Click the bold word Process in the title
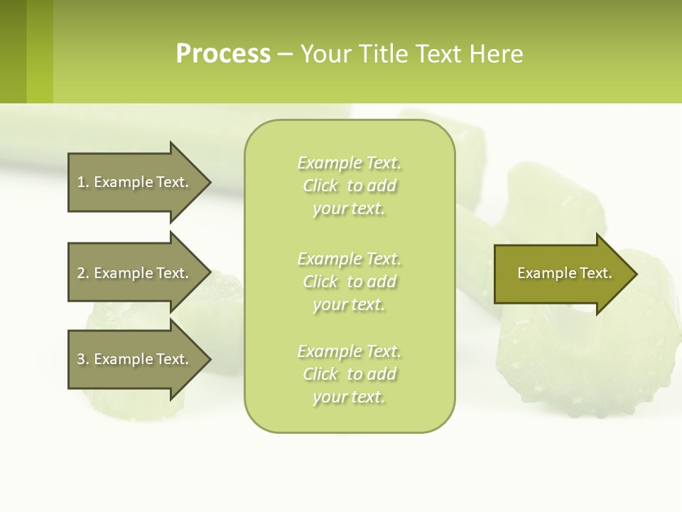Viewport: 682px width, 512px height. pyautogui.click(x=223, y=54)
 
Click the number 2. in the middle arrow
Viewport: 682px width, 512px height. pyautogui.click(x=83, y=273)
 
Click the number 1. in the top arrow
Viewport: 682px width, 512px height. pyautogui.click(x=83, y=182)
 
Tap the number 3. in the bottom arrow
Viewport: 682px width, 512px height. pyautogui.click(x=83, y=359)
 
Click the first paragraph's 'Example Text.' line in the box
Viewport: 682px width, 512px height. pyautogui.click(x=349, y=163)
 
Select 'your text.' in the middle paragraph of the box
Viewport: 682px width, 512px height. pyautogui.click(x=349, y=304)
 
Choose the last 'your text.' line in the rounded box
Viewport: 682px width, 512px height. pyautogui.click(x=349, y=397)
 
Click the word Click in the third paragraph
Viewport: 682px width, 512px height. pyautogui.click(x=320, y=374)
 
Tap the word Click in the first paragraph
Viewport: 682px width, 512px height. pyautogui.click(x=320, y=186)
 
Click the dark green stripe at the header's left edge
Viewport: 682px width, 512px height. pyautogui.click(x=13, y=52)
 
